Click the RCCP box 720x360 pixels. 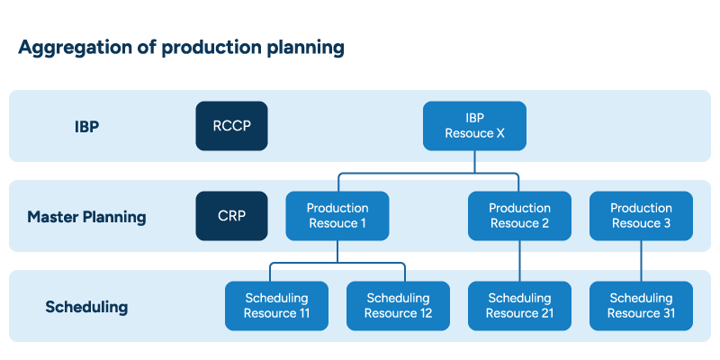(x=231, y=126)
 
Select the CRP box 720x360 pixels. (x=231, y=216)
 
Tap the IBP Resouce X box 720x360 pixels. (x=474, y=126)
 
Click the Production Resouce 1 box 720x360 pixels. (x=337, y=216)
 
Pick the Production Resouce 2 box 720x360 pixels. (x=519, y=216)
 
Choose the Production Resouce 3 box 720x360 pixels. (x=641, y=216)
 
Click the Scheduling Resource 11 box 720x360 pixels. (x=276, y=306)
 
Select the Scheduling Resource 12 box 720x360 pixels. (x=398, y=306)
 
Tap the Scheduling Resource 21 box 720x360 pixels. (x=519, y=306)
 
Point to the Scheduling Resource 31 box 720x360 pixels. (x=641, y=306)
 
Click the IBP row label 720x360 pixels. (x=86, y=127)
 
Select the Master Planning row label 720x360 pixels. (x=86, y=217)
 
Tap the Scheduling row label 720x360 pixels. (x=86, y=307)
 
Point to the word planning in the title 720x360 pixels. (x=304, y=48)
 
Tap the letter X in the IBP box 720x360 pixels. (x=500, y=133)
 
